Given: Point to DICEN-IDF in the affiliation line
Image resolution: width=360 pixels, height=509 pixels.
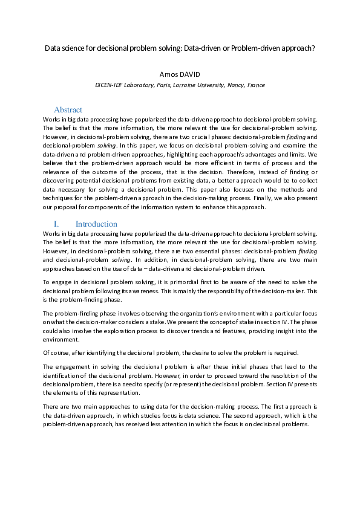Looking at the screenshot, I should click(111, 85).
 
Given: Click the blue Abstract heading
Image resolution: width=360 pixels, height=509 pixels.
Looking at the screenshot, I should click(68, 110).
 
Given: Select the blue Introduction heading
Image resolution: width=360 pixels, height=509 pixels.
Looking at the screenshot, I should click(96, 224).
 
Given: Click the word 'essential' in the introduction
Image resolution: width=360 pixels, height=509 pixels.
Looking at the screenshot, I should click(194, 251).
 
